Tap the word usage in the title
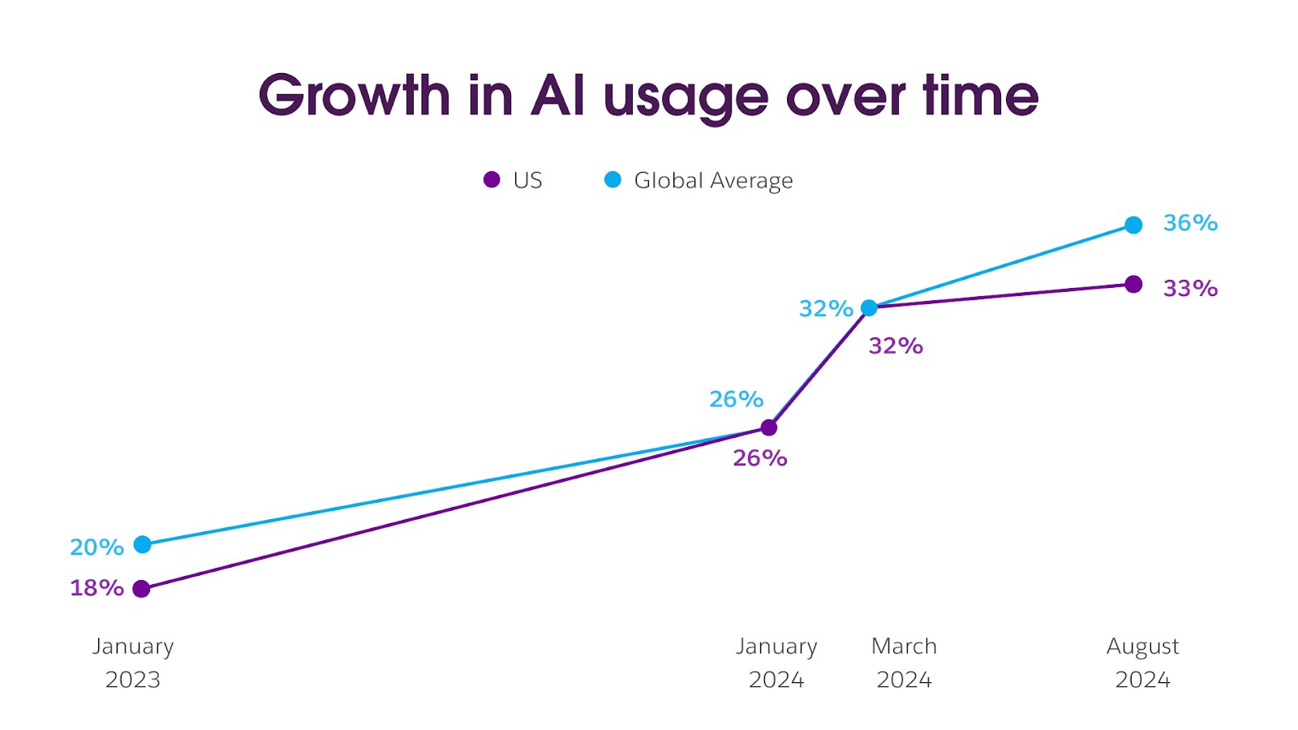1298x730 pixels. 686,97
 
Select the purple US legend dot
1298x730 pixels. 492,180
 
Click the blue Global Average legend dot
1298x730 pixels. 612,180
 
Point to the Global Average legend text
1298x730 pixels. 713,180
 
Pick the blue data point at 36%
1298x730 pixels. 1133,225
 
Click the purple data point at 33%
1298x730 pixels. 1133,284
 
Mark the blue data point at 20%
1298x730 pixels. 142,544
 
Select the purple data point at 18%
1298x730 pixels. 141,589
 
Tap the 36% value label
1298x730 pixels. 1190,223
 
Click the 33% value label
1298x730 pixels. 1190,289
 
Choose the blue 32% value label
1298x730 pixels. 826,309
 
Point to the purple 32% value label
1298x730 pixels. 896,346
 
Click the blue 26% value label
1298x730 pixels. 736,399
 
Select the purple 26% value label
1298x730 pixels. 759,458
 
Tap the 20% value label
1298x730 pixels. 97,547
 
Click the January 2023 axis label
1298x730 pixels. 133,663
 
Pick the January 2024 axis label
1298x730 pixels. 776,663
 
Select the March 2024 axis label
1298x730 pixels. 904,663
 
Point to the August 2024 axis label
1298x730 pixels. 1142,663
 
